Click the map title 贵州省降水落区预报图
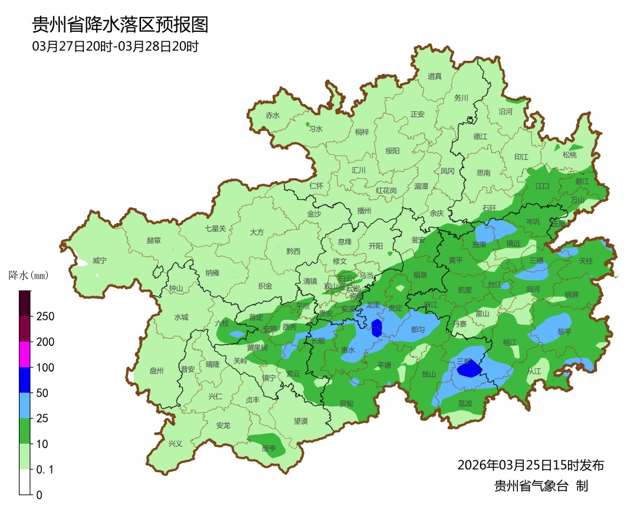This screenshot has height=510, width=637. (x=120, y=25)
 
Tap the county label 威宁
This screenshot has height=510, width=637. (x=100, y=261)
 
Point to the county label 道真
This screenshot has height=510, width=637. (x=435, y=76)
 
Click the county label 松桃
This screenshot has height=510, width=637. (x=569, y=155)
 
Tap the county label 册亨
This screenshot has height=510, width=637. (x=268, y=449)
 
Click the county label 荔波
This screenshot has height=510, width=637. (x=465, y=403)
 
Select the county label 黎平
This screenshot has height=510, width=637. (x=564, y=332)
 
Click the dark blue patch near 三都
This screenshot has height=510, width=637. (x=470, y=370)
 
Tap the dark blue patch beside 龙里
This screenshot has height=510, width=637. (x=377, y=327)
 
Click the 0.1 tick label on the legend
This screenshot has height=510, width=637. (x=45, y=470)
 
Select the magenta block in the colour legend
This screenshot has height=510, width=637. (x=25, y=354)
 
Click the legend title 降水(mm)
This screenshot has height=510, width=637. (x=28, y=275)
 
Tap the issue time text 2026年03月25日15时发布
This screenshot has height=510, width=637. (x=530, y=465)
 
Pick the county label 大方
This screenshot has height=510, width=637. (x=257, y=233)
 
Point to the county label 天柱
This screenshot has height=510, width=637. (x=585, y=260)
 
